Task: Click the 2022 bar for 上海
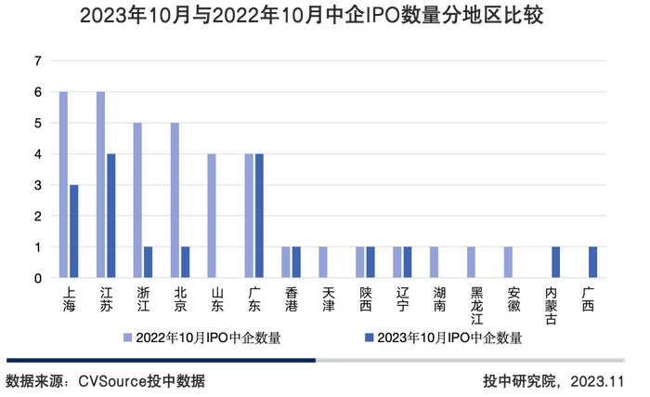coord(63,185)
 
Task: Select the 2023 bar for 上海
coord(74,232)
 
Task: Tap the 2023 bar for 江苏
coord(111,216)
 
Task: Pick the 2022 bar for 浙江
coord(137,201)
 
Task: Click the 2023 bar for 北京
coord(186,262)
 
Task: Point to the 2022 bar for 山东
coord(212,216)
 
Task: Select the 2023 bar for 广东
coord(259,216)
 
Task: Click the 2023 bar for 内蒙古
coord(556,262)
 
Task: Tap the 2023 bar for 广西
coord(593,262)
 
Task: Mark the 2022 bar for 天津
coord(323,262)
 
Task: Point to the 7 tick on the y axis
coord(38,61)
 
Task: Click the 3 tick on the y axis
coord(38,185)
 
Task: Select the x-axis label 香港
coord(291,298)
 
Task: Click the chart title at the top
coord(324,16)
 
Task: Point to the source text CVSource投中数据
coord(141,381)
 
